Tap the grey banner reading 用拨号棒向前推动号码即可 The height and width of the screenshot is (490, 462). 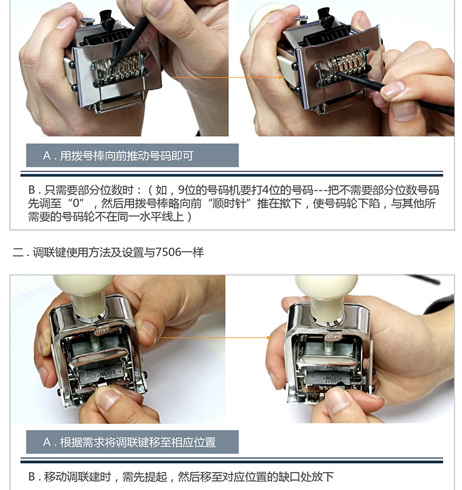pyautogui.click(x=132, y=155)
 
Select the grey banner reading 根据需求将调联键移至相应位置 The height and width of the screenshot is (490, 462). pyautogui.click(x=132, y=442)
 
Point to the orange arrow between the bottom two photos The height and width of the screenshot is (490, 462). pyautogui.click(x=216, y=338)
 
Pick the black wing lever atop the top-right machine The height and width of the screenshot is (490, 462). pyautogui.click(x=326, y=17)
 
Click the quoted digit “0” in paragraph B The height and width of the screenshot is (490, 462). pyautogui.click(x=77, y=203)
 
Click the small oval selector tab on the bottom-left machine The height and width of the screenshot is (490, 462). pyautogui.click(x=101, y=330)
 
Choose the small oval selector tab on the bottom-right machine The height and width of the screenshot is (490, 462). pyautogui.click(x=333, y=337)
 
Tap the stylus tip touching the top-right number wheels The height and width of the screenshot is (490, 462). pyautogui.click(x=340, y=75)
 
